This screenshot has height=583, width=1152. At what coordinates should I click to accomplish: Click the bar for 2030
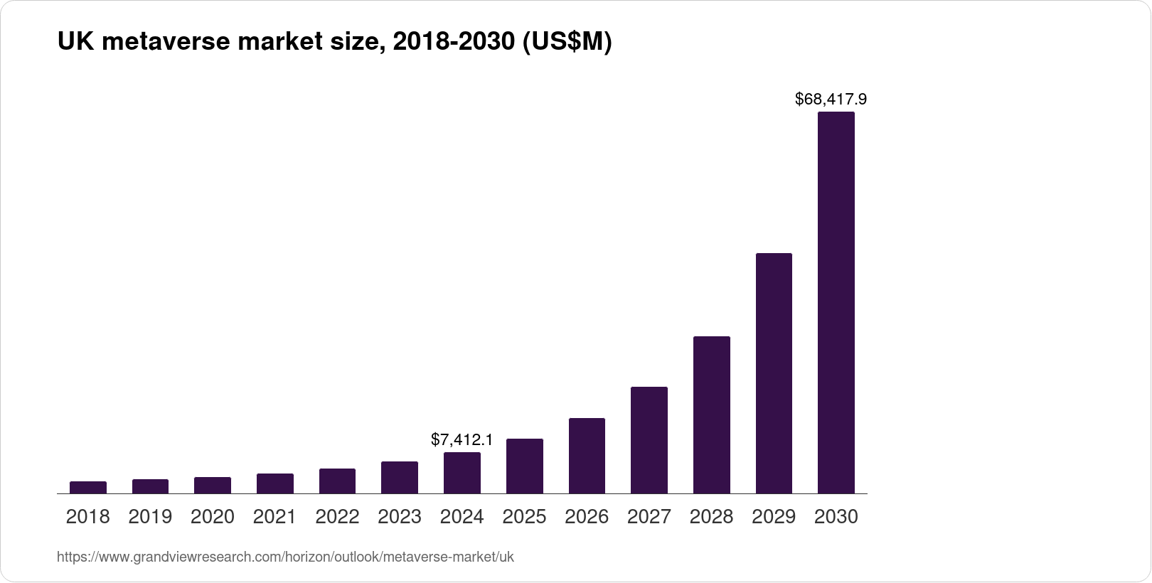(x=836, y=302)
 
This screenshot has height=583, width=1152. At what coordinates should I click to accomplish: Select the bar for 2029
(x=774, y=373)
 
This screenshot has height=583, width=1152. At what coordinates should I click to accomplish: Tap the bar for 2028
(x=711, y=414)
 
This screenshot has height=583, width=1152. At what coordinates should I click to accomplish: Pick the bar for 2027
(x=649, y=440)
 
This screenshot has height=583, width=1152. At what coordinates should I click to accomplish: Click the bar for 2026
(x=587, y=456)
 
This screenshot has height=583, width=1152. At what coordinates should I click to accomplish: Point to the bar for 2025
(x=524, y=466)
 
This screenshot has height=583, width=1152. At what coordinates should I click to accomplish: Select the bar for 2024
(x=462, y=473)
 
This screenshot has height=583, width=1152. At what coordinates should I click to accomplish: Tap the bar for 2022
(x=337, y=481)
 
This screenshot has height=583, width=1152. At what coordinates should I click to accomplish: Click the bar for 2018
(x=88, y=488)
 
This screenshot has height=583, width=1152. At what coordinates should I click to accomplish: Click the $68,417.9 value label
(x=831, y=99)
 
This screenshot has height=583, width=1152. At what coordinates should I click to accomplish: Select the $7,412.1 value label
(x=462, y=440)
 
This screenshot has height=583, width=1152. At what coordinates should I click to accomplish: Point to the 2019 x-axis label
(x=150, y=517)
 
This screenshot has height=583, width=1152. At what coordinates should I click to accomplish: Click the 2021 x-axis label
(x=274, y=517)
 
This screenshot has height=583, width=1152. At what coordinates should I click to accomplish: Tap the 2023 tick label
(x=400, y=517)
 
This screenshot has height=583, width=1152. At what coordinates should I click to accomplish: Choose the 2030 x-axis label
(x=836, y=517)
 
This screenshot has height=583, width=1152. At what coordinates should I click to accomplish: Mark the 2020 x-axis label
(x=213, y=517)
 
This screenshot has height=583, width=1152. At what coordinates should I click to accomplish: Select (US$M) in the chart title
(x=567, y=43)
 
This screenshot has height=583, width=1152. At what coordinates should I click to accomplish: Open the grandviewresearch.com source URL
(x=284, y=557)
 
